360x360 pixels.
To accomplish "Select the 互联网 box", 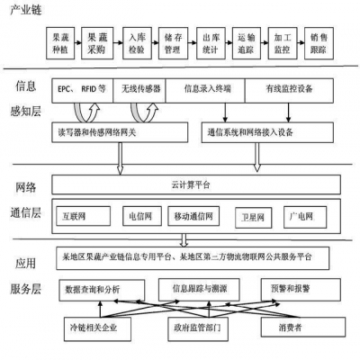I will coord(81,216).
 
